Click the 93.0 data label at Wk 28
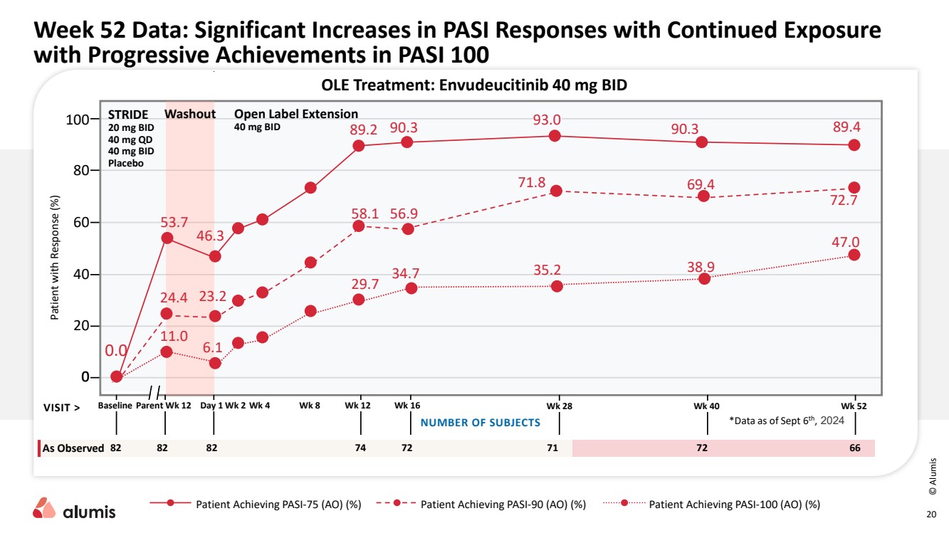[x=547, y=120]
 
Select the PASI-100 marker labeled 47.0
[x=854, y=255]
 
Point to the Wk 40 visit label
[x=706, y=406]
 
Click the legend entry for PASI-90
[x=503, y=505]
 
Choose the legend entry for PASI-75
[x=278, y=505]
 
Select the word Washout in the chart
[x=190, y=114]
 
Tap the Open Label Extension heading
[x=296, y=114]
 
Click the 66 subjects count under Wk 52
[x=854, y=448]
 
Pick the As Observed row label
[x=73, y=448]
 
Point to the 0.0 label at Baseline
[x=116, y=351]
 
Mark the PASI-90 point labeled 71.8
[x=556, y=191]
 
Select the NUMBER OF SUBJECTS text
[x=481, y=423]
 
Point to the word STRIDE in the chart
[x=128, y=114]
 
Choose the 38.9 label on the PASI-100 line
[x=701, y=267]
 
